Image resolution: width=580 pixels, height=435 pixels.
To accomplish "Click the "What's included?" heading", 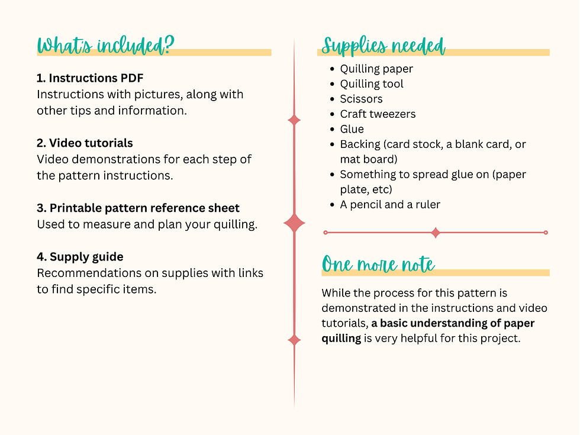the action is (106, 45).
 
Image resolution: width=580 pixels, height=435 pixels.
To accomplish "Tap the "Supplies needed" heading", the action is (384, 46).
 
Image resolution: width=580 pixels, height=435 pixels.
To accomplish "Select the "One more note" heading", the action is (378, 264).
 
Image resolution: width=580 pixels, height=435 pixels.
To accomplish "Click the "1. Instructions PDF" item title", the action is (90, 78).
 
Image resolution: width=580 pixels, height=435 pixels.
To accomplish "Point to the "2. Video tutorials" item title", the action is (85, 143).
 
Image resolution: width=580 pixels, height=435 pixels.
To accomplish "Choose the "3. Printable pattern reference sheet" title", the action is (138, 208).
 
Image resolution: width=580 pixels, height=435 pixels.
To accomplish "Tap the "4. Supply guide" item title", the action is (80, 257).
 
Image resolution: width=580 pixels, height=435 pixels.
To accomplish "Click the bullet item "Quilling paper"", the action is (376, 69).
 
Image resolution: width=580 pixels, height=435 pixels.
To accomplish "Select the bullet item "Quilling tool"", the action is (372, 84).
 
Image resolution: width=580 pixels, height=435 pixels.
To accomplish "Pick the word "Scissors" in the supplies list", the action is (362, 99).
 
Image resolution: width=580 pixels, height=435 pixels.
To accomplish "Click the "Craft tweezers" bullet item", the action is (378, 114).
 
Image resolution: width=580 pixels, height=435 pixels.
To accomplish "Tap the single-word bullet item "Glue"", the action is (352, 129).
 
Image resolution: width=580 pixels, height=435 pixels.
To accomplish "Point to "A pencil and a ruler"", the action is (390, 205).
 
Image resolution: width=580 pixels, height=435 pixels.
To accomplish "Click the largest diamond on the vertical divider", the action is (295, 223).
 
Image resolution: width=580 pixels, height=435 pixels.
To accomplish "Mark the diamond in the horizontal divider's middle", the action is (436, 233).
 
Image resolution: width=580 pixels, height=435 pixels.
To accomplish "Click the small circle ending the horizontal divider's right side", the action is (546, 233).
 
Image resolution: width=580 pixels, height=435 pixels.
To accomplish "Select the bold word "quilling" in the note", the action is (341, 339).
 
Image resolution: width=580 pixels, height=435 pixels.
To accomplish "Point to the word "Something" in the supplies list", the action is (370, 175).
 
